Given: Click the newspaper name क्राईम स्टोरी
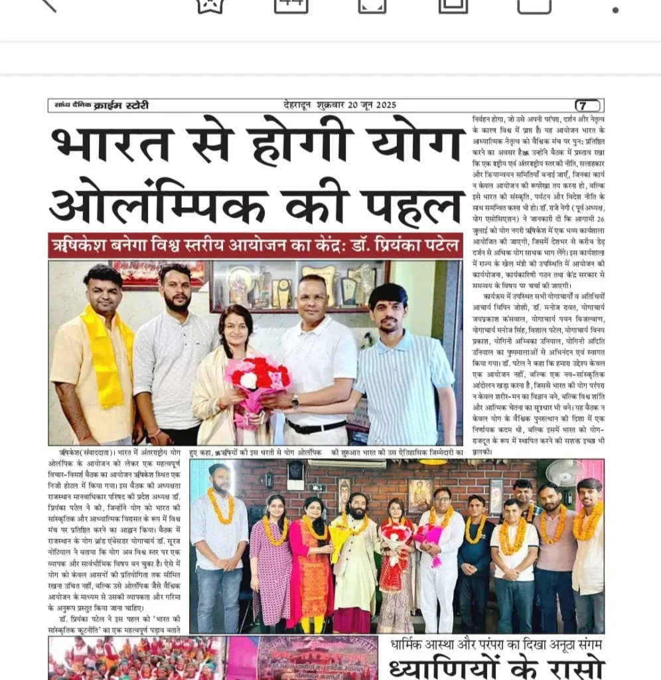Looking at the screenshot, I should (121, 106).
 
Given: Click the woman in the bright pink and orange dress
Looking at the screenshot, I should (311, 564).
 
